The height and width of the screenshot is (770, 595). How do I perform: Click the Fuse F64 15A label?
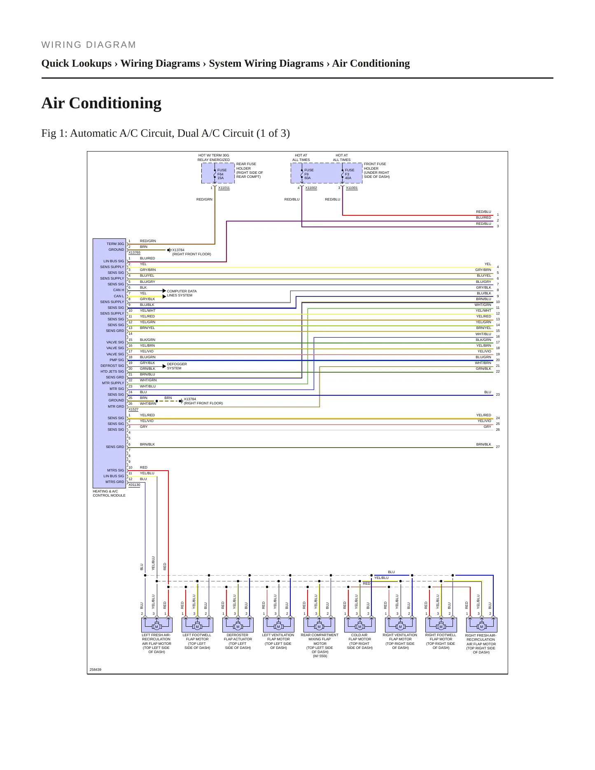(x=222, y=174)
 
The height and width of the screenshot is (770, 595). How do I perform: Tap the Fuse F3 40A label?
(x=350, y=174)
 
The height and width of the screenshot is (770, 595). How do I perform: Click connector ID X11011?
(x=224, y=188)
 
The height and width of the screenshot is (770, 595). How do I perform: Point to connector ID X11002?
(x=311, y=188)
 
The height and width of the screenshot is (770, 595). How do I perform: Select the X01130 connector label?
(x=134, y=485)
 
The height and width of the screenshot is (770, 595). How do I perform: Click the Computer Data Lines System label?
(x=182, y=293)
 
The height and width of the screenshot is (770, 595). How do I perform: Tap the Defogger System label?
(x=177, y=366)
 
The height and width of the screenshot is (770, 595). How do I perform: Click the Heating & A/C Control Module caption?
(x=109, y=493)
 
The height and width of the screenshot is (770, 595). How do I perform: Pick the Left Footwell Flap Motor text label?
(x=197, y=642)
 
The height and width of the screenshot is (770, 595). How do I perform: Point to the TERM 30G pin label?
(x=115, y=244)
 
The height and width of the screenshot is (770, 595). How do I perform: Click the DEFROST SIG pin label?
(x=112, y=366)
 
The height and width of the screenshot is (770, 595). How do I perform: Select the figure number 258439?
(x=96, y=670)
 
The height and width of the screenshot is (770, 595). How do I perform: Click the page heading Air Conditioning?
(x=101, y=103)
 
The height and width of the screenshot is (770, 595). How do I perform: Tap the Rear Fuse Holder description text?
(x=250, y=170)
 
